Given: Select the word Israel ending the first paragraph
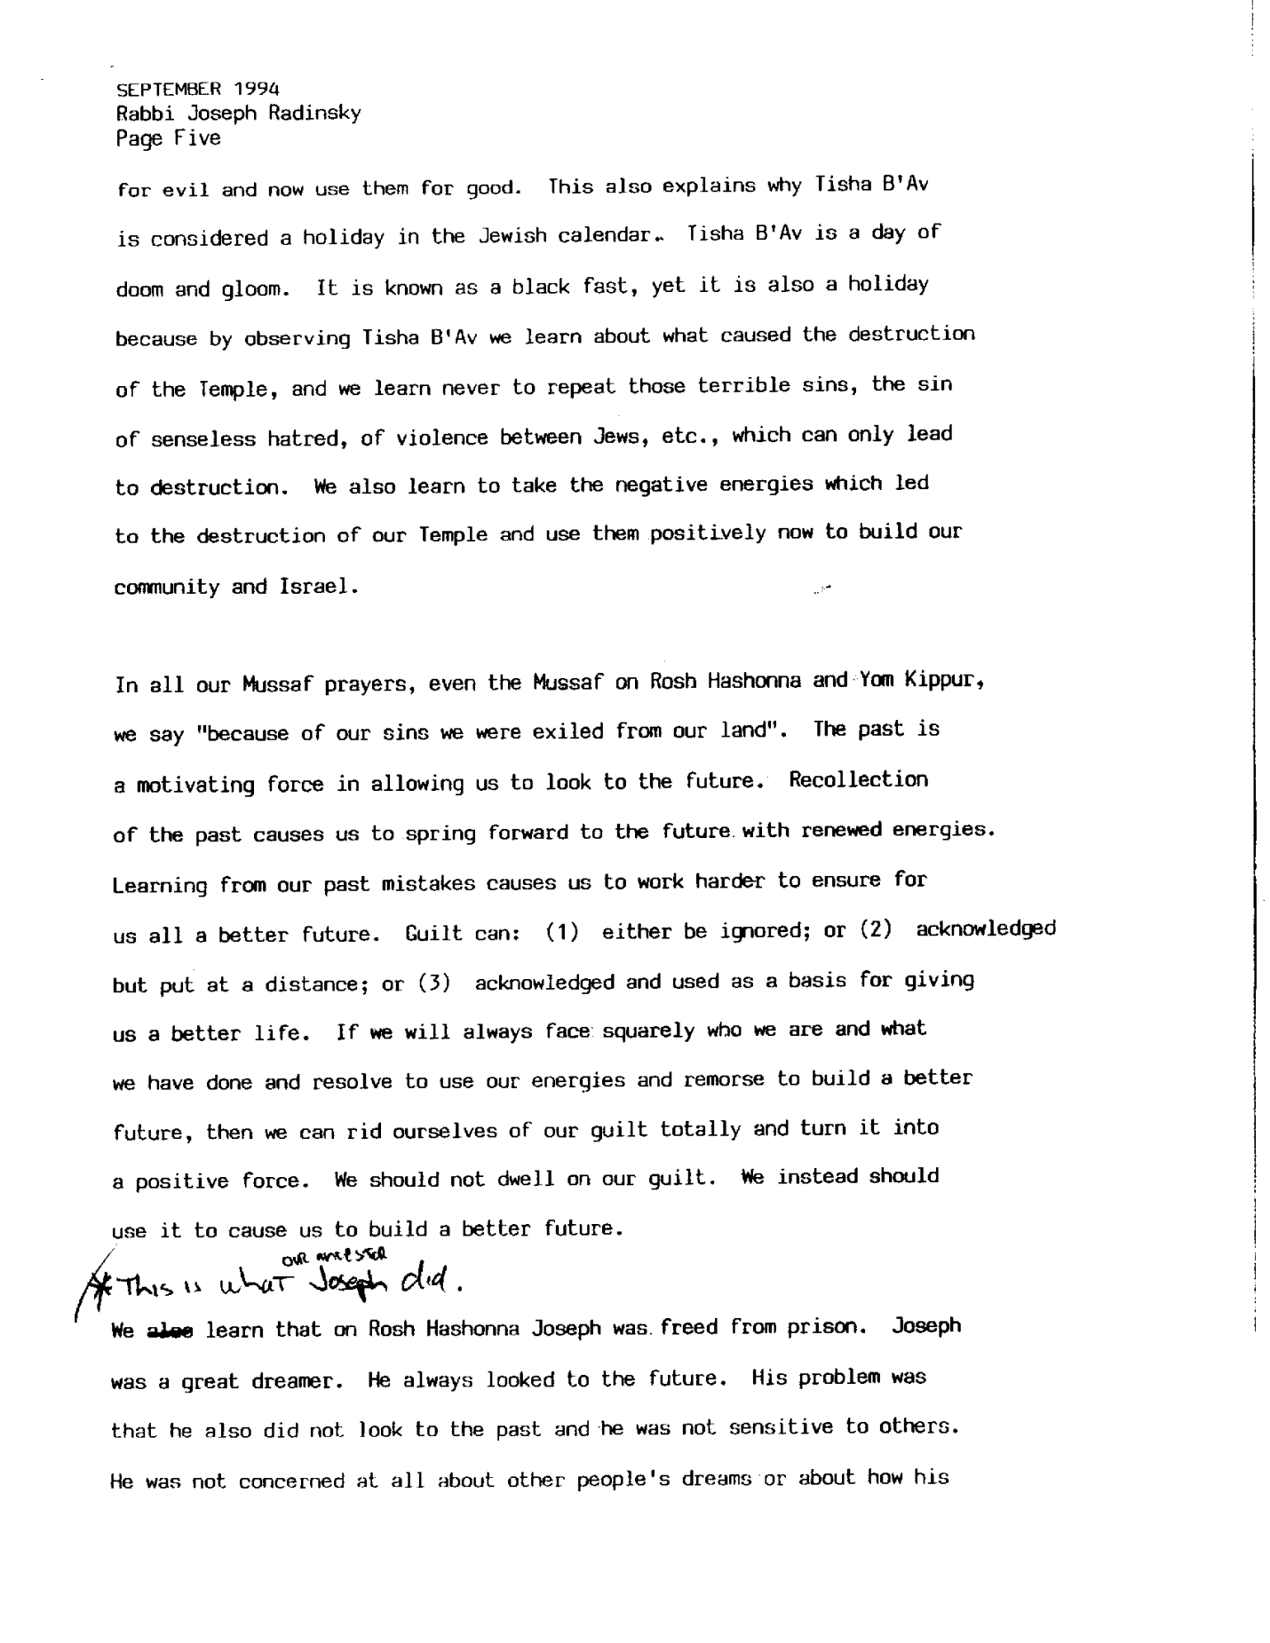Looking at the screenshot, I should click(x=319, y=587).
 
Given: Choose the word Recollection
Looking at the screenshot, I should click(x=858, y=780).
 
